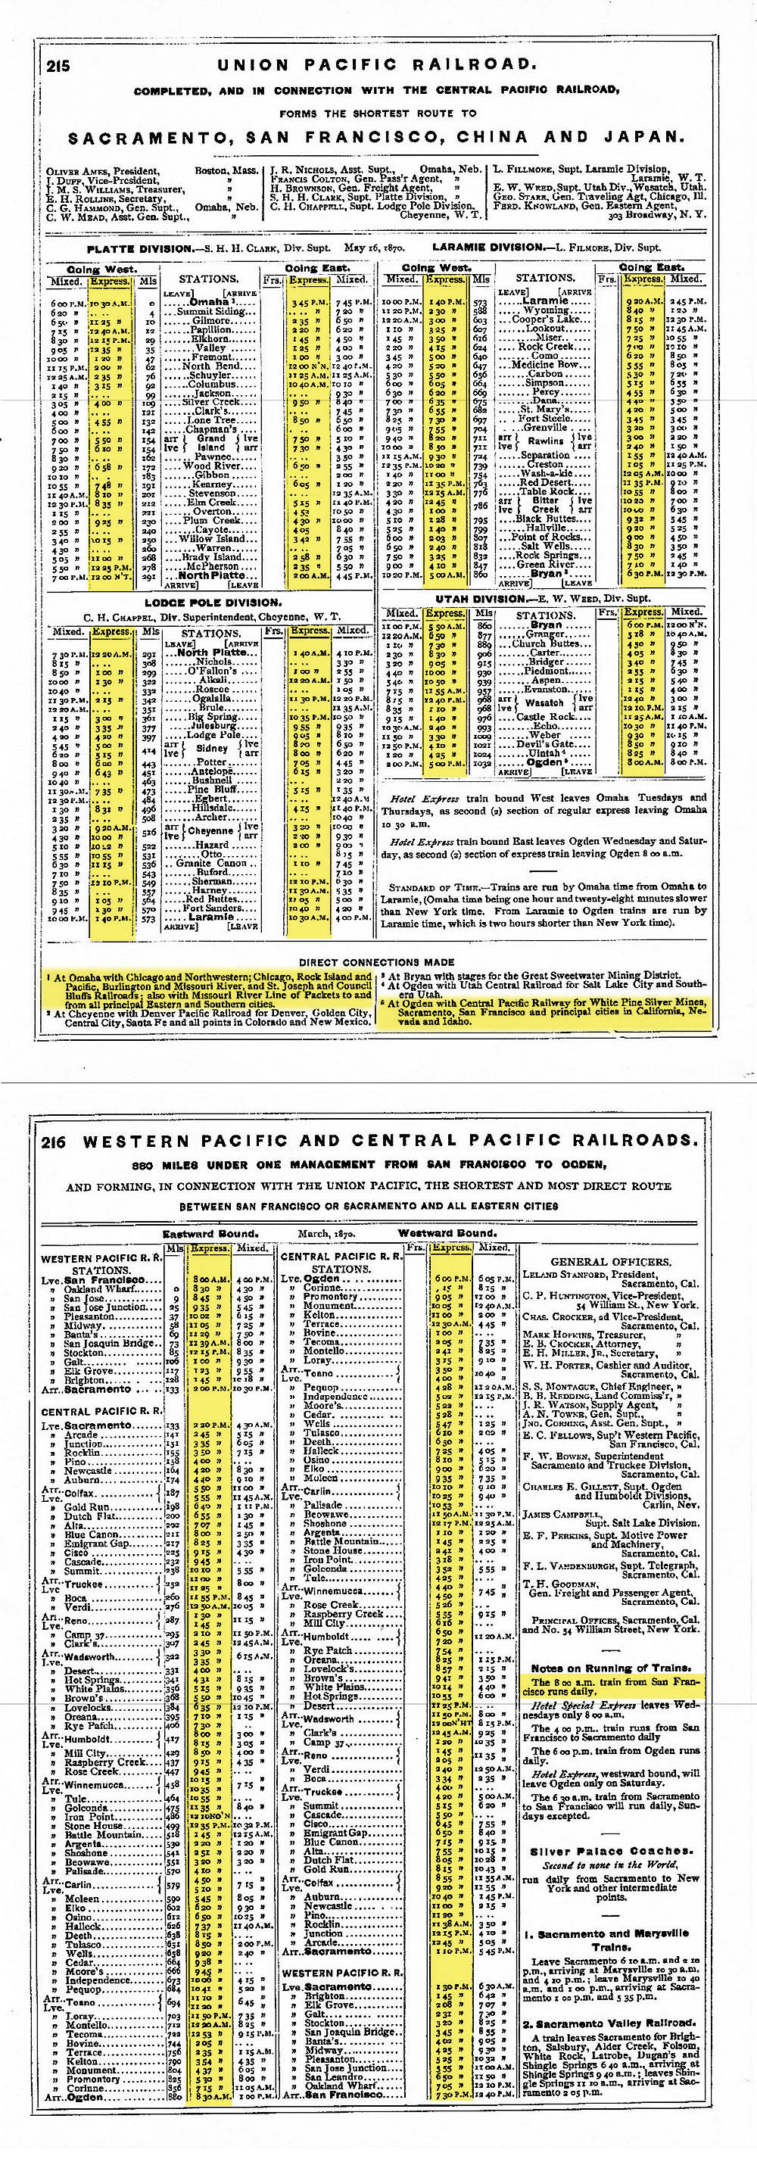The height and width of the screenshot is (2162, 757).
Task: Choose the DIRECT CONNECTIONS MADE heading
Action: (x=377, y=962)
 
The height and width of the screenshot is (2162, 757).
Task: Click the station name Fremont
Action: (x=209, y=357)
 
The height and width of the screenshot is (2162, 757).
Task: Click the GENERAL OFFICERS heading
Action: (x=610, y=1261)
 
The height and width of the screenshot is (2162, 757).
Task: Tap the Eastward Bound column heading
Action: (x=210, y=1234)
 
